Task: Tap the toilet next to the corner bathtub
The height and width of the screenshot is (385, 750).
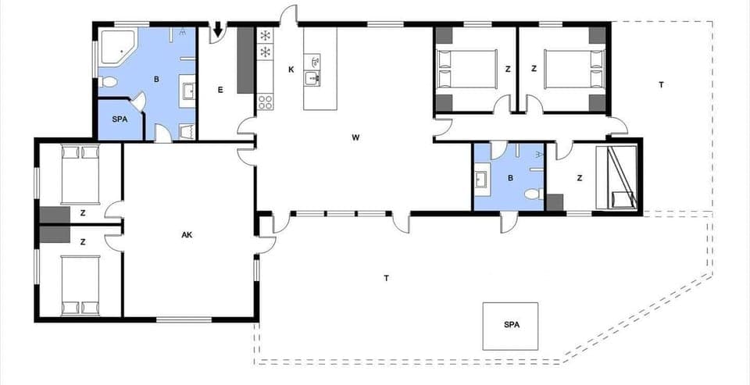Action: [108, 83]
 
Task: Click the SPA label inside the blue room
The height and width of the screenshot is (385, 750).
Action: [120, 119]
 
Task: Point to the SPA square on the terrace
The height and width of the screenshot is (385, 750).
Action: [511, 326]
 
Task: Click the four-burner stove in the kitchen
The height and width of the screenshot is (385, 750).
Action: [265, 101]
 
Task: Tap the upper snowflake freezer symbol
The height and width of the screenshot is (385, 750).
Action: [265, 36]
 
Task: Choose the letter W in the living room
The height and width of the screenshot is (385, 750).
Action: [355, 137]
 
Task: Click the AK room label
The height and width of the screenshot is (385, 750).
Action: [187, 234]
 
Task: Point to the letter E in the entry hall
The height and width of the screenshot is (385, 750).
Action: [220, 91]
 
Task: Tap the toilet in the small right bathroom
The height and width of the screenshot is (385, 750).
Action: [533, 194]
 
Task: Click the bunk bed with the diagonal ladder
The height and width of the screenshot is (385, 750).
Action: [616, 177]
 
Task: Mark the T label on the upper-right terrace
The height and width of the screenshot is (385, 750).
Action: [661, 84]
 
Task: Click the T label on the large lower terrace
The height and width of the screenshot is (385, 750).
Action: [387, 278]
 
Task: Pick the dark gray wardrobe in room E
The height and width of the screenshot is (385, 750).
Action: [245, 59]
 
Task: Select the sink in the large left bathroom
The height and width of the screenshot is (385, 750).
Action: [190, 92]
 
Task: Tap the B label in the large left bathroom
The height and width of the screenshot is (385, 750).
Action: [156, 79]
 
